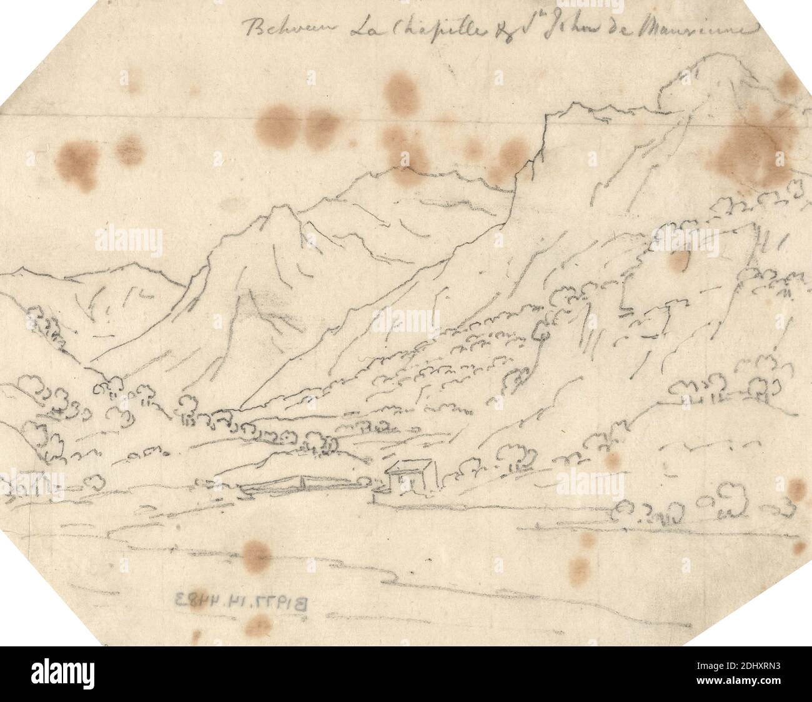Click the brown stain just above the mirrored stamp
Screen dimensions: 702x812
[x=256, y=554]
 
